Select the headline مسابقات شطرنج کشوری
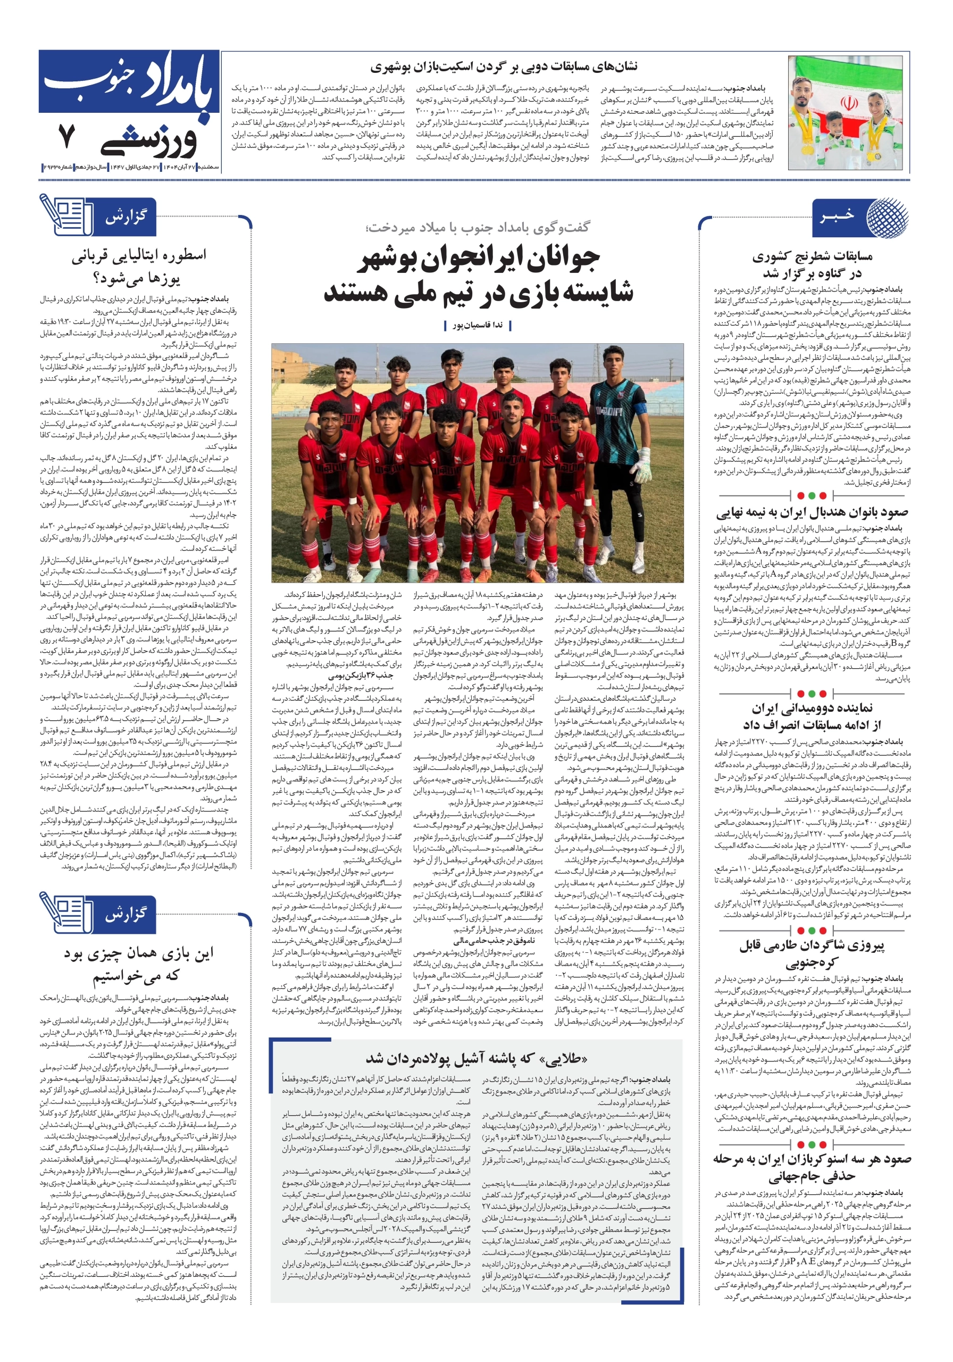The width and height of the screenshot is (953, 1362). coord(812,256)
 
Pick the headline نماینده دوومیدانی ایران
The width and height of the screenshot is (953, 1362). coord(812,708)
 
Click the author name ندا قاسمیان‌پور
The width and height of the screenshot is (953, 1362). coord(478,325)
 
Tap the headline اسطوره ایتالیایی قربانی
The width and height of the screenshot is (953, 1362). coord(139,256)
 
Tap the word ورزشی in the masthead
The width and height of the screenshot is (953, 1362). coord(148,143)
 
